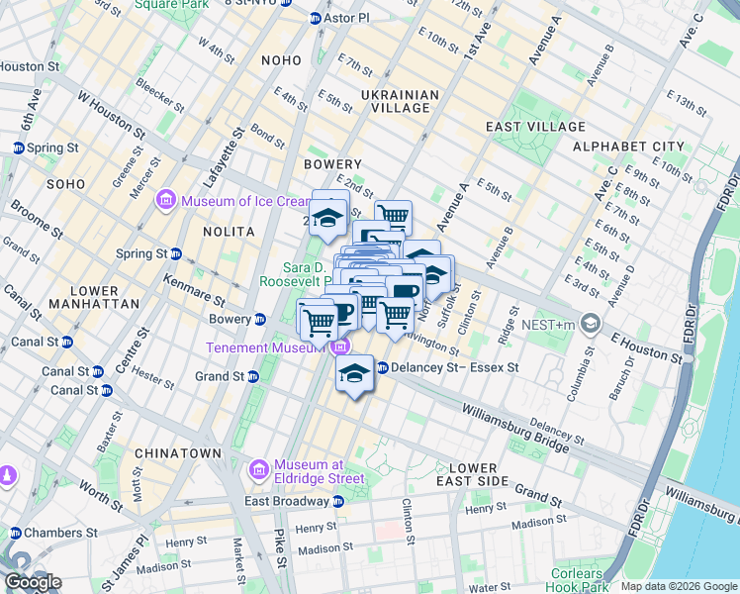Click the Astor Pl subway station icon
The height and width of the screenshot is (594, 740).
316,19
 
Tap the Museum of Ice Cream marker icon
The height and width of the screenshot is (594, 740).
165,202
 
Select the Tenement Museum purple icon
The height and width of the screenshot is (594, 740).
340,346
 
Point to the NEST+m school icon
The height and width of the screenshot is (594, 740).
591,324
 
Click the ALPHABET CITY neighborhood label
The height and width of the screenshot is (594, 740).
626,147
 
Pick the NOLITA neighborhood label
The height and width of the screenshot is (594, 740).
229,231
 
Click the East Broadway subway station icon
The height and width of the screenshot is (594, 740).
231,501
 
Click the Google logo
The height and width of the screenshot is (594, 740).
33,582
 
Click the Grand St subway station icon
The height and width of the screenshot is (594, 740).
253,377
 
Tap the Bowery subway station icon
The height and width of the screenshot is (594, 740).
259,319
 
